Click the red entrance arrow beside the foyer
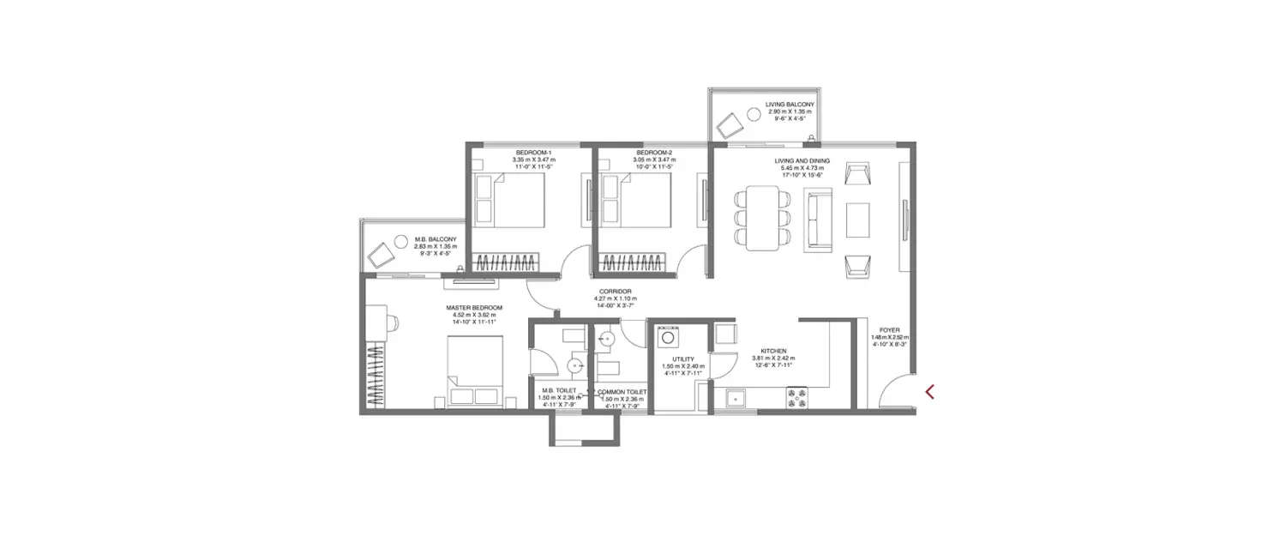pos(930,392)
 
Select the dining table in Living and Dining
pos(761,219)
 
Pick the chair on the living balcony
pos(729,126)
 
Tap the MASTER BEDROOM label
pos(473,307)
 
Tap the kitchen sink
pos(735,397)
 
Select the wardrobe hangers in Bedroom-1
pos(507,262)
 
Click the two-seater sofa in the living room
pos(816,220)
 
